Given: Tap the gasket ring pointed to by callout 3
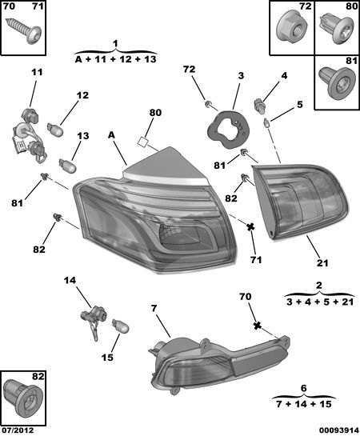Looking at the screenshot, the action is click(228, 130).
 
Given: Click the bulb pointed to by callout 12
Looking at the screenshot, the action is click(55, 130).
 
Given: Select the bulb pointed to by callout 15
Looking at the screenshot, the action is click(120, 326).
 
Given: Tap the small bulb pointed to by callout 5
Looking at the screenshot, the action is click(267, 123).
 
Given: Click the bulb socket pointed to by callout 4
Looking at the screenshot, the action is click(259, 106).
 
